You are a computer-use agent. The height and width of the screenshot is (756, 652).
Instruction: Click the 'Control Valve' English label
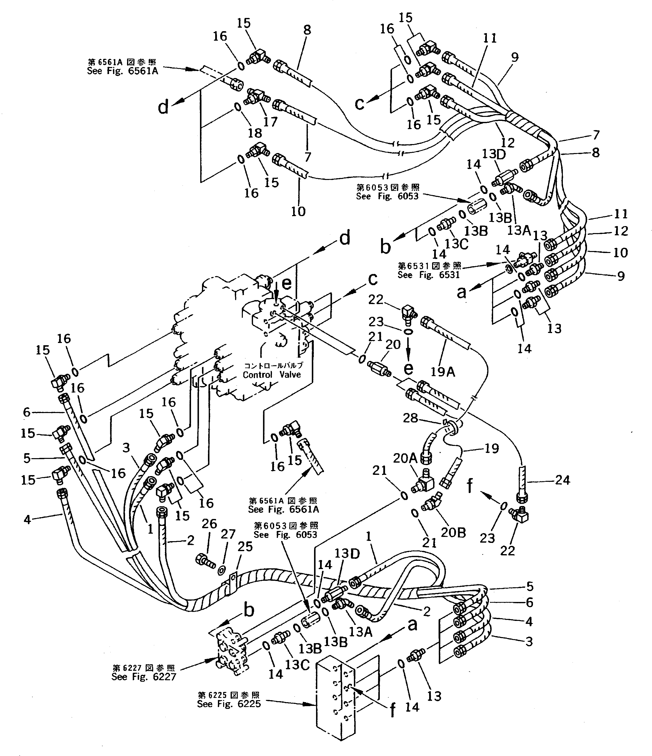[x=272, y=375]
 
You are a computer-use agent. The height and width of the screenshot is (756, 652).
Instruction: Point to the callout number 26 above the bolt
[x=209, y=524]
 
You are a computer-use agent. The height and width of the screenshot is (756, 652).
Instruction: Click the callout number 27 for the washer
[x=228, y=534]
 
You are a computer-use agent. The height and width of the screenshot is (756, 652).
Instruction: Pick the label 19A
[x=443, y=372]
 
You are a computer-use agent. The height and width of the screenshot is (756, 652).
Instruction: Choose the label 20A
[x=405, y=458]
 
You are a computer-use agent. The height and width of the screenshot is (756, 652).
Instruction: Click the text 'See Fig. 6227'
[x=144, y=677]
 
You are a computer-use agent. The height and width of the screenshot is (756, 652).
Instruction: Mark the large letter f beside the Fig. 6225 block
[x=392, y=710]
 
